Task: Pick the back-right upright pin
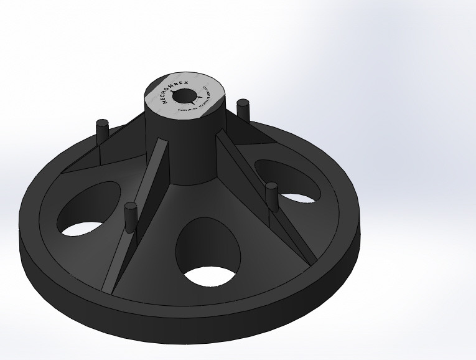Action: coord(244,110)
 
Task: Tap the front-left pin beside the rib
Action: coord(130,217)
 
